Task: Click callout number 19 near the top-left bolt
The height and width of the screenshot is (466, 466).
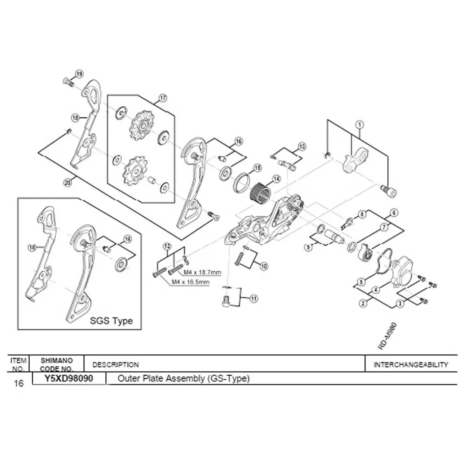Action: (79, 74)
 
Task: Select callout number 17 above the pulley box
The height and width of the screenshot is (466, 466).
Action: (163, 98)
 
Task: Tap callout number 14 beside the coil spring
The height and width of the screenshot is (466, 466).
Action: (276, 179)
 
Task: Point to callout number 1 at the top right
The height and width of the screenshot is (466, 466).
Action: (360, 124)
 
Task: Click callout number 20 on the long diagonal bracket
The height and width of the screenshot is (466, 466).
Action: (68, 183)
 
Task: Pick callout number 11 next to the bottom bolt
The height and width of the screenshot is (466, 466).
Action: (254, 298)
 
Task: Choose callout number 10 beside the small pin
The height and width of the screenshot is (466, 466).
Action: (264, 266)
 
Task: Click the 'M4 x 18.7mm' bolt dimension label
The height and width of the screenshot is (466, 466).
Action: (202, 272)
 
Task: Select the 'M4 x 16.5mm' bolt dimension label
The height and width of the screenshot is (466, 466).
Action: (191, 282)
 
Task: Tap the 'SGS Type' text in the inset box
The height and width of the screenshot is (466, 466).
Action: (111, 321)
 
